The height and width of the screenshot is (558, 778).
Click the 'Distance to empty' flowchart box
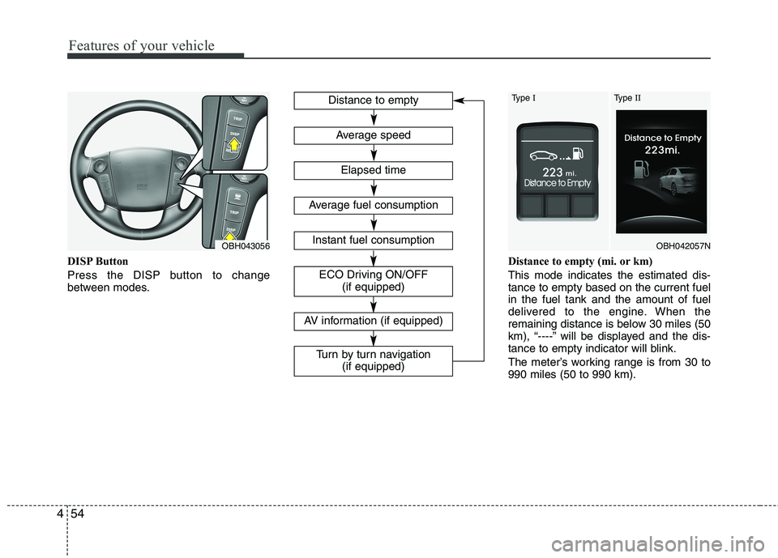pos(373,100)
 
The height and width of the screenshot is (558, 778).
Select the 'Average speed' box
pos(373,135)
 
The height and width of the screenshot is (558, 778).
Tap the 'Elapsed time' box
pos(373,170)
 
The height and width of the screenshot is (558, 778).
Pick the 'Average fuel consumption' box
pos(373,205)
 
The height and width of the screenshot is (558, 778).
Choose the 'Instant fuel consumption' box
pos(373,240)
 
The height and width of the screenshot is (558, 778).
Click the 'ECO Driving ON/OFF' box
pos(373,281)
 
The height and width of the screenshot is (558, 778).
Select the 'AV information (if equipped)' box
pos(373,321)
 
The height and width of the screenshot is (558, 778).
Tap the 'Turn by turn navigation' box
pos(373,360)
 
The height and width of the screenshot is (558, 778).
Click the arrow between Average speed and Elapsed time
pos(374,153)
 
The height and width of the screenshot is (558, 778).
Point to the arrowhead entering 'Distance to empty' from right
pos(459,100)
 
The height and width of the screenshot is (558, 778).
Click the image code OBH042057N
pos(682,244)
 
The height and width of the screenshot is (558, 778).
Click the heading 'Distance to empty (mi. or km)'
pos(579,262)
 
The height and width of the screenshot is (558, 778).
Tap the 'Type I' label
pos(522,98)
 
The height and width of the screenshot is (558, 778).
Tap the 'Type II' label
pos(626,98)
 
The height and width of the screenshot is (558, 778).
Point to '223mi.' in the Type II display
pos(663,150)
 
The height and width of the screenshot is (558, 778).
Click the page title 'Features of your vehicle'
pos(141,45)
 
